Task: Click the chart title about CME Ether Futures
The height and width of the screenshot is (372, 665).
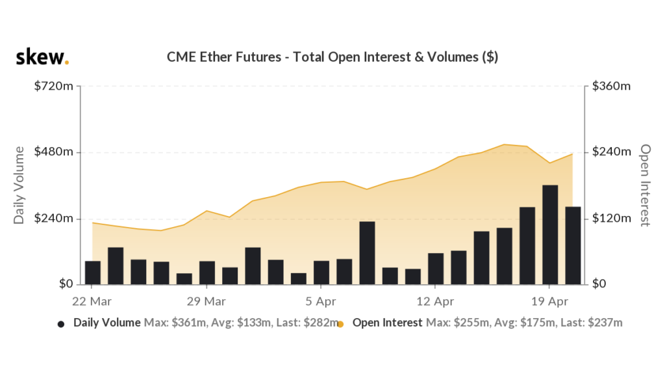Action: pyautogui.click(x=332, y=57)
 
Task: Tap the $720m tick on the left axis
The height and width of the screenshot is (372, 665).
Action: pyautogui.click(x=54, y=86)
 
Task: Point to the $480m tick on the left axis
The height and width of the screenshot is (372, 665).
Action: pyautogui.click(x=54, y=152)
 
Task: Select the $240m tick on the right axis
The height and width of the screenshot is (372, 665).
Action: pyautogui.click(x=612, y=152)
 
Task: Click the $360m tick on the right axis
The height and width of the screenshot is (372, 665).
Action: pyautogui.click(x=612, y=86)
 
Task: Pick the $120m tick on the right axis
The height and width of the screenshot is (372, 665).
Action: pyautogui.click(x=612, y=219)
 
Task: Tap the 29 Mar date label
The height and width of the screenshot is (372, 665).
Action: pyautogui.click(x=207, y=302)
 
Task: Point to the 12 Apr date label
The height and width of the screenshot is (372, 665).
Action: pyautogui.click(x=434, y=302)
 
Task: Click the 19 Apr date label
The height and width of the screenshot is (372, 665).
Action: pyautogui.click(x=549, y=302)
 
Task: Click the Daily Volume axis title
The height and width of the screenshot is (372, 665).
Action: pyautogui.click(x=19, y=185)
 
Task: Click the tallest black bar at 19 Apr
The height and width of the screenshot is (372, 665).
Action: pyautogui.click(x=550, y=234)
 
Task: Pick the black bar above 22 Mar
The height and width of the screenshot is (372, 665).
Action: pyautogui.click(x=93, y=272)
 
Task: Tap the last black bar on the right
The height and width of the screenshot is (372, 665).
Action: pyautogui.click(x=573, y=245)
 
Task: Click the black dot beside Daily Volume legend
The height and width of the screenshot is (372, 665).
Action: pyautogui.click(x=61, y=323)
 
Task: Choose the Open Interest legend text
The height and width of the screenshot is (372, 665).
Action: pyautogui.click(x=388, y=323)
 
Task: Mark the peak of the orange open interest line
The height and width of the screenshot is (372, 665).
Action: pyautogui.click(x=504, y=144)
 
